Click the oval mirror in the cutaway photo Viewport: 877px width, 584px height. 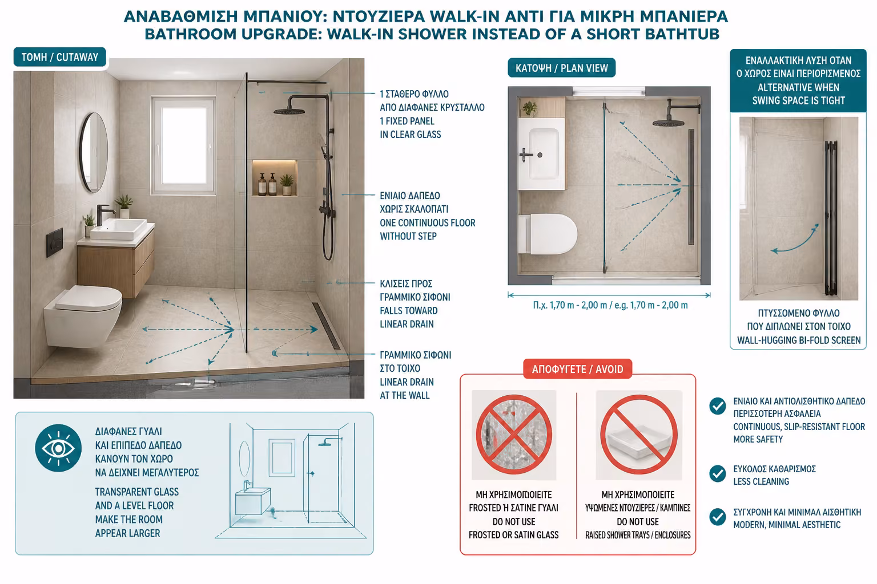point(94,152)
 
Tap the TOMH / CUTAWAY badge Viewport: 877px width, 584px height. point(60,57)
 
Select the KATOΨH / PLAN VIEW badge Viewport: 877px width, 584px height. point(561,68)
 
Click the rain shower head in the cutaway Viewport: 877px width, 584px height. point(289,111)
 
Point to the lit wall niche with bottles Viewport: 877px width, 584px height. point(275,178)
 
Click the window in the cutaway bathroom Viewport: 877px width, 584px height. point(183,145)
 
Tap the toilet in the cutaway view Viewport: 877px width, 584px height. point(83,315)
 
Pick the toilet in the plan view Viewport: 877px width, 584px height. point(548,234)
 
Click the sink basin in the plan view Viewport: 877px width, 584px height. point(541,155)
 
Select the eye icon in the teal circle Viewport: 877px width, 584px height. point(58,448)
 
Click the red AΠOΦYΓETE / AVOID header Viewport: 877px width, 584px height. point(577,369)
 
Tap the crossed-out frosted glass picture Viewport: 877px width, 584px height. point(514,435)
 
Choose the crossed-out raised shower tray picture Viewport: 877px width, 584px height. point(639,435)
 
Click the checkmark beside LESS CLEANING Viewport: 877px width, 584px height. point(718,474)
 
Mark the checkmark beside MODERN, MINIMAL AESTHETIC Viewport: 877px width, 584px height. point(718,517)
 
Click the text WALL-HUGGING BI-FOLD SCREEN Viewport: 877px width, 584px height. point(799,340)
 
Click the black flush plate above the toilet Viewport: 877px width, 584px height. point(54,242)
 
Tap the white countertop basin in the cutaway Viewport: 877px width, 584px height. point(119,229)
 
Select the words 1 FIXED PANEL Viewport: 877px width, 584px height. point(407,121)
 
